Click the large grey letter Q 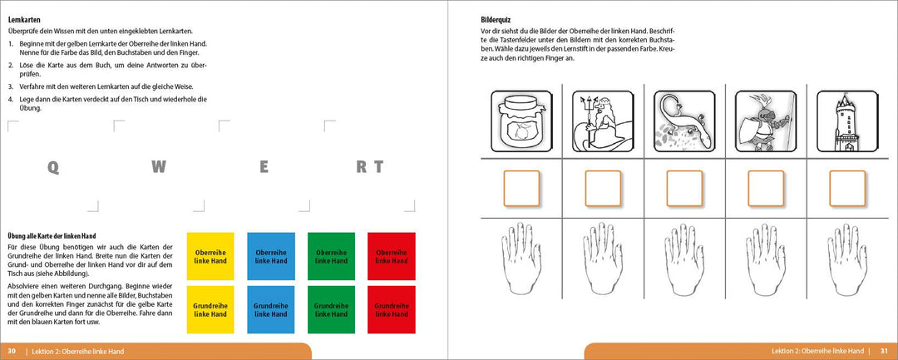[53, 166]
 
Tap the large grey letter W [158, 166]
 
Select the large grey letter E [264, 166]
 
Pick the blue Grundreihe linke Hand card [270, 309]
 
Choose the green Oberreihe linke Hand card [330, 256]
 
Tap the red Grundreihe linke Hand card [390, 309]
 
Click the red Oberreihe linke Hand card [390, 256]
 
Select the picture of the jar [521, 121]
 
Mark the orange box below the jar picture [521, 189]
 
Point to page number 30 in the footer [12, 352]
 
